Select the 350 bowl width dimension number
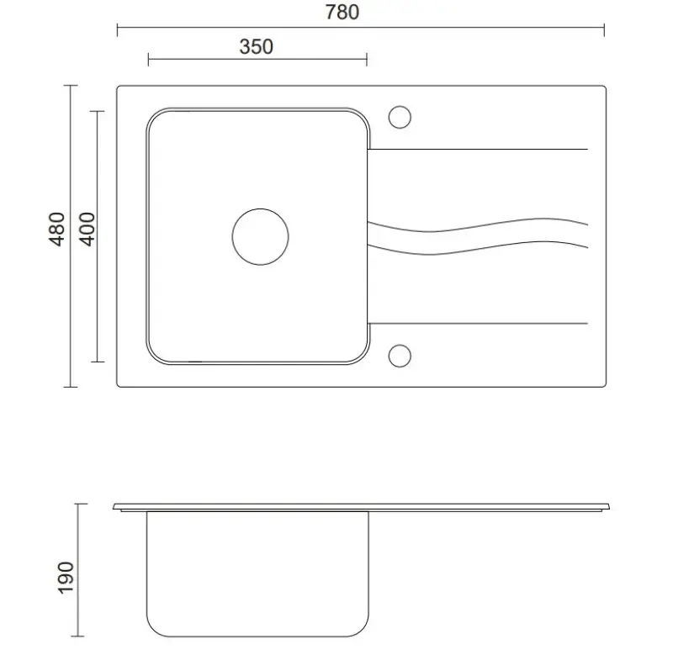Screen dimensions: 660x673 (x=257, y=46)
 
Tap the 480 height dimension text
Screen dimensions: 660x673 (x=56, y=229)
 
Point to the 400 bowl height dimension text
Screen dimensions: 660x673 (x=87, y=229)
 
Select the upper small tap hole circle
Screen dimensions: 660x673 (x=400, y=115)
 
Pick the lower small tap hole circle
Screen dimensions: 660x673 (x=400, y=356)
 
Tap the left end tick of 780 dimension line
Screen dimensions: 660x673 (x=117, y=29)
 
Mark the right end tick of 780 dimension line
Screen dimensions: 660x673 (x=604, y=29)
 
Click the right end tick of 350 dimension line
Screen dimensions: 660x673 (x=367, y=59)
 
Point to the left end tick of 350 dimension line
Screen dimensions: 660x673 (x=148, y=59)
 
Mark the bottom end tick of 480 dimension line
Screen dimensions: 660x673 (x=71, y=387)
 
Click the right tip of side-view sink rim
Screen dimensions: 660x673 (x=613, y=508)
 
